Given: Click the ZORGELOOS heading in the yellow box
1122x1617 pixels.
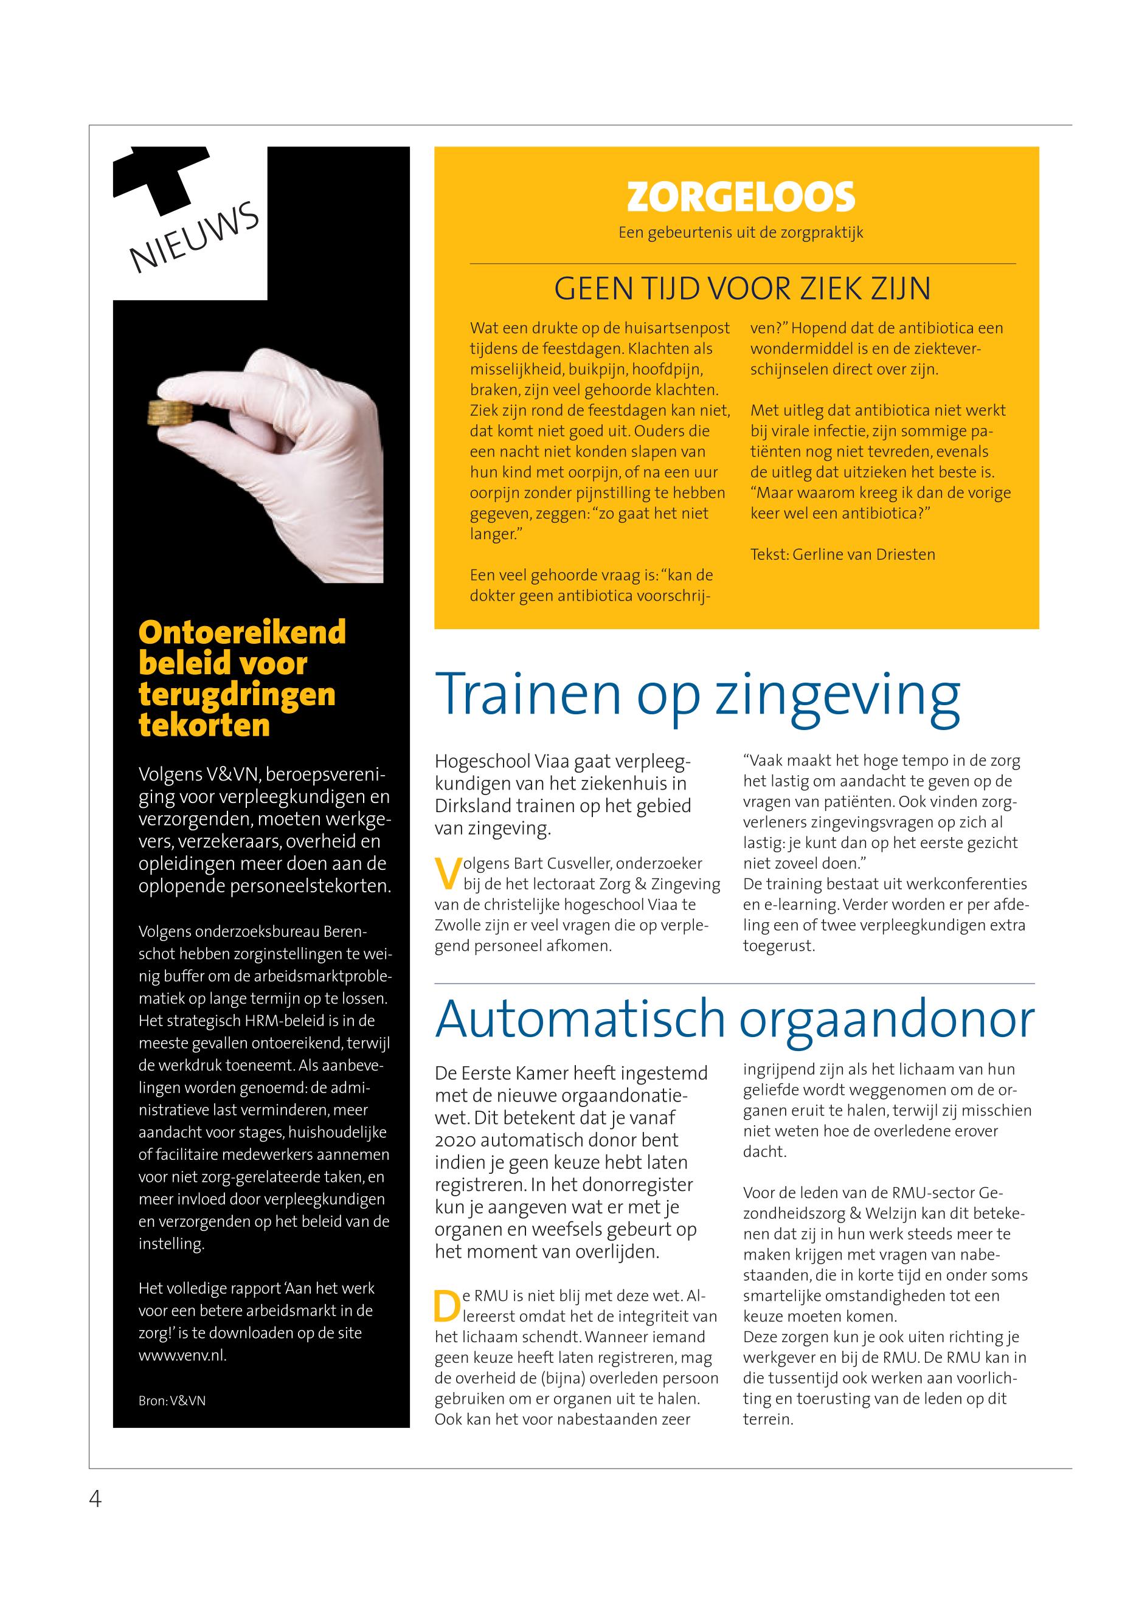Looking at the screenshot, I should (x=740, y=197).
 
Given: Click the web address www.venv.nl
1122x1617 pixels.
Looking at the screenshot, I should (x=182, y=1356).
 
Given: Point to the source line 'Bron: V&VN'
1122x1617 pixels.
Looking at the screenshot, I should (x=172, y=1401).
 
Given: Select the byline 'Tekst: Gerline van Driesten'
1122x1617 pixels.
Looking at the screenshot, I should (x=842, y=554).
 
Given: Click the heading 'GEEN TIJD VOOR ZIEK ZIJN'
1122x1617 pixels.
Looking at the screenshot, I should (x=743, y=289).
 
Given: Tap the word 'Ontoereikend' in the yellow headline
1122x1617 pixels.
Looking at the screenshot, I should (x=243, y=632).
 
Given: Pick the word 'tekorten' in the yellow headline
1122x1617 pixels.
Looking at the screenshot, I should (x=204, y=725).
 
